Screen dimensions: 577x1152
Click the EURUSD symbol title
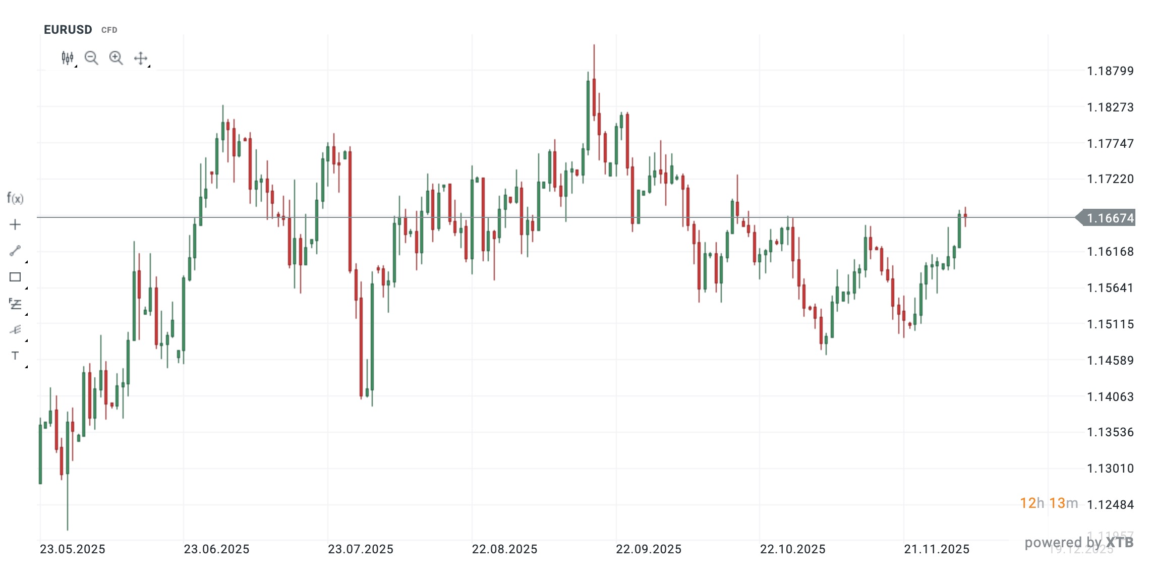click(x=68, y=30)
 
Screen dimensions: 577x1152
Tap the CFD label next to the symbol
click(x=109, y=30)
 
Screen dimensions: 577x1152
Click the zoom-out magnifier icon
click(x=91, y=58)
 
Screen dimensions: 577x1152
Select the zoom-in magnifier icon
click(x=116, y=58)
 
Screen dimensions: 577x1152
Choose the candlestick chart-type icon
click(x=68, y=58)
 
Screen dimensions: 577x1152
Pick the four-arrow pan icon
click(x=141, y=59)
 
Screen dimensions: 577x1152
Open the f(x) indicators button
click(x=15, y=198)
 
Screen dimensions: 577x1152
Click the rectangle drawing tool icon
click(x=15, y=277)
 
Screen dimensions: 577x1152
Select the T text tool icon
click(x=15, y=356)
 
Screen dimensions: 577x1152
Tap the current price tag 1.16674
click(x=1110, y=218)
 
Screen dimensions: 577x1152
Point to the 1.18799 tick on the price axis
click(x=1110, y=71)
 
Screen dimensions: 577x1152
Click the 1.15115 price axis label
click(x=1110, y=324)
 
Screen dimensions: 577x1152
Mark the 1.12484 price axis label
click(x=1110, y=505)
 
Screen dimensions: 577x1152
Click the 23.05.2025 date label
click(x=73, y=549)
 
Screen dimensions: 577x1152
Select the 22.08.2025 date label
click(x=504, y=549)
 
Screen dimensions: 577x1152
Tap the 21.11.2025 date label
click(x=937, y=549)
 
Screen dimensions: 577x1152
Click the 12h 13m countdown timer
click(x=1049, y=503)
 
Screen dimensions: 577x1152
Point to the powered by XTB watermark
click(x=1079, y=543)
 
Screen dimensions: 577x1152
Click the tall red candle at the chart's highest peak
click(x=594, y=98)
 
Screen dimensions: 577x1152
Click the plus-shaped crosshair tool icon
click(x=15, y=224)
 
